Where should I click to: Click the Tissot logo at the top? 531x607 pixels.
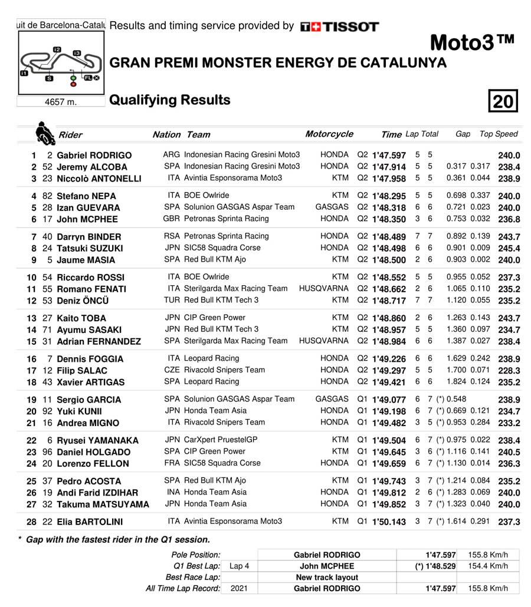tap(339, 27)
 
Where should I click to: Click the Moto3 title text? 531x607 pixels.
tap(473, 43)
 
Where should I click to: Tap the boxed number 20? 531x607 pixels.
tap(503, 102)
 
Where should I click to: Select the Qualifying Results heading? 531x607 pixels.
tap(170, 100)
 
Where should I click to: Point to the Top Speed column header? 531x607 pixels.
tap(499, 134)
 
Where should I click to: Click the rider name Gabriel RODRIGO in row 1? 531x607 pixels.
tap(94, 156)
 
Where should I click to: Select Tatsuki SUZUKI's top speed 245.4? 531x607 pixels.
tap(509, 248)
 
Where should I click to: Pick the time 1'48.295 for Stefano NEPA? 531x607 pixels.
tap(389, 196)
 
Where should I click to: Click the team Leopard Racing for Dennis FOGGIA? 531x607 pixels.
tap(212, 358)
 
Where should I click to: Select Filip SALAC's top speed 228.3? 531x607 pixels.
tap(509, 371)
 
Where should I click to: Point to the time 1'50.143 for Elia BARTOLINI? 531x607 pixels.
tap(389, 522)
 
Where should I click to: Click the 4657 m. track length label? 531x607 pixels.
tap(61, 101)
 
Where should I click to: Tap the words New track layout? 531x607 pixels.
tap(327, 577)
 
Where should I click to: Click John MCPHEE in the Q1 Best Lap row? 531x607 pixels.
tap(327, 566)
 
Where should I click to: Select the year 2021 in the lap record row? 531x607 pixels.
tap(239, 588)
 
